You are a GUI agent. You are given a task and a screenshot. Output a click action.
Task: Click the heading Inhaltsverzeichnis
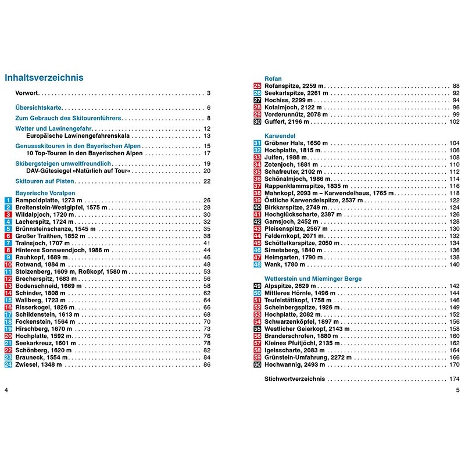(44, 77)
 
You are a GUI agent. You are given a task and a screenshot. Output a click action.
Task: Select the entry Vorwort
(27, 93)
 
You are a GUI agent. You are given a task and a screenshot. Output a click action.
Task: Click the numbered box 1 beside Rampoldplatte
(8, 201)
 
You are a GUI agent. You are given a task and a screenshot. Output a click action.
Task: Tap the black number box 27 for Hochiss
(257, 100)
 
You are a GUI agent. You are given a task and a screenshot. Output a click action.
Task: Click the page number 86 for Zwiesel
(206, 364)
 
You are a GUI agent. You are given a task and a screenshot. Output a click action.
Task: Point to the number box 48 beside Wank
(257, 264)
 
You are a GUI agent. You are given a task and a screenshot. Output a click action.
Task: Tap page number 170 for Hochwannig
(455, 364)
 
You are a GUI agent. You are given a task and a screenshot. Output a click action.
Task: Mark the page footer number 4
(6, 389)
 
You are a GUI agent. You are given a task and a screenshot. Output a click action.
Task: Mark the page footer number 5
(458, 389)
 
